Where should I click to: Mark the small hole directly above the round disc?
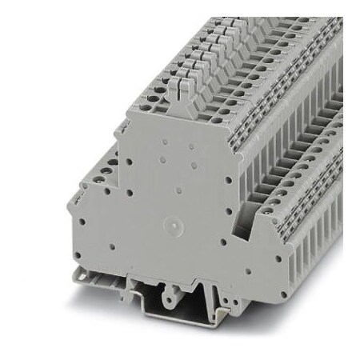(x=177, y=192)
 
